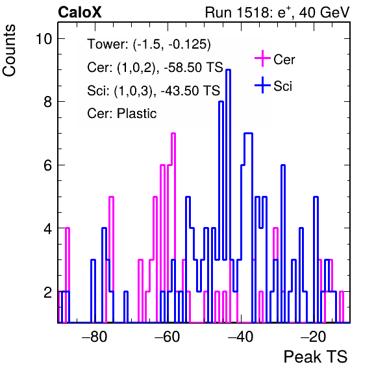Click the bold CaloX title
(80, 12)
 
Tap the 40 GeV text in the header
(324, 12)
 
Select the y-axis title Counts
(9, 51)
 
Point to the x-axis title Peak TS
(315, 357)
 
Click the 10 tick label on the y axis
(44, 39)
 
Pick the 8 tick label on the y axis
(48, 102)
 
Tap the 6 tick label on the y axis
(48, 165)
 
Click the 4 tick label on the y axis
(48, 228)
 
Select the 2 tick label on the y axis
(48, 292)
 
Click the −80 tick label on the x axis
(95, 336)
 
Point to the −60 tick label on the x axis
(168, 336)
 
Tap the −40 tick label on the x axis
(241, 336)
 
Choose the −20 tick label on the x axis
(314, 336)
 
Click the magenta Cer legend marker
(262, 58)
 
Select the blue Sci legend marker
(262, 85)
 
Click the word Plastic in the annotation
(136, 114)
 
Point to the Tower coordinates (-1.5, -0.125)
(172, 44)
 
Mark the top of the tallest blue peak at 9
(229, 70)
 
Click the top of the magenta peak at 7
(173, 134)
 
